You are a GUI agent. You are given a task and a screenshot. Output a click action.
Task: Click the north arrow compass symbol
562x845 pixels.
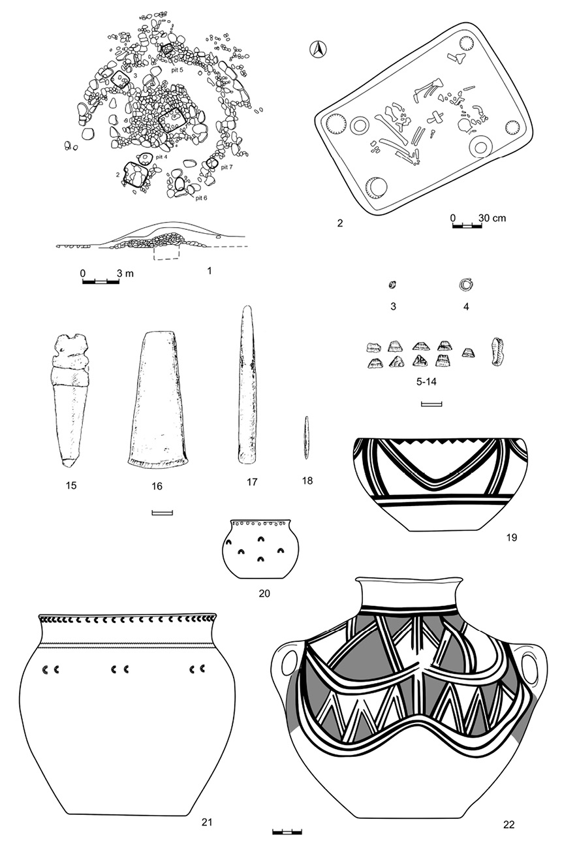pyautogui.click(x=318, y=50)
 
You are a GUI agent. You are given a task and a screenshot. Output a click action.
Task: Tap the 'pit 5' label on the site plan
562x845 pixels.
pyautogui.click(x=177, y=70)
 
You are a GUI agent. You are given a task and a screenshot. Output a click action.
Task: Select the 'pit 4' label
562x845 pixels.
pyautogui.click(x=161, y=157)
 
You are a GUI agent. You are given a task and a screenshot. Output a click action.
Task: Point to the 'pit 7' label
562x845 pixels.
pyautogui.click(x=226, y=167)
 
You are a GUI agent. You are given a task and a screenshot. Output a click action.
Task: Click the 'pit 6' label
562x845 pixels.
pyautogui.click(x=201, y=198)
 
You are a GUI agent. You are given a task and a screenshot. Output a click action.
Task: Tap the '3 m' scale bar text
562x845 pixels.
pyautogui.click(x=125, y=273)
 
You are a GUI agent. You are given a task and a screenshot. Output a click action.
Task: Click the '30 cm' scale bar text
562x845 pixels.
pyautogui.click(x=492, y=217)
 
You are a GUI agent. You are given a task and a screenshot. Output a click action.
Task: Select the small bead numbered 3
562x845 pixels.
pyautogui.click(x=392, y=285)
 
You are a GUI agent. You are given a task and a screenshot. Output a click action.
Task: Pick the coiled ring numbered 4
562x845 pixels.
pyautogui.click(x=466, y=285)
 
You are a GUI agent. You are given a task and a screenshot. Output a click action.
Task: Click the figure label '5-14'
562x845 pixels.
pyautogui.click(x=426, y=382)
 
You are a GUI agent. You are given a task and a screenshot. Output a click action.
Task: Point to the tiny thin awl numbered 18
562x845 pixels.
pyautogui.click(x=307, y=438)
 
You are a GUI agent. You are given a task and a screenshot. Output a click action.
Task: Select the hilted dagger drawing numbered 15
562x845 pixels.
pyautogui.click(x=71, y=400)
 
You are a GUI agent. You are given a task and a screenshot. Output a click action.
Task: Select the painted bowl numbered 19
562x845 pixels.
pyautogui.click(x=440, y=485)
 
